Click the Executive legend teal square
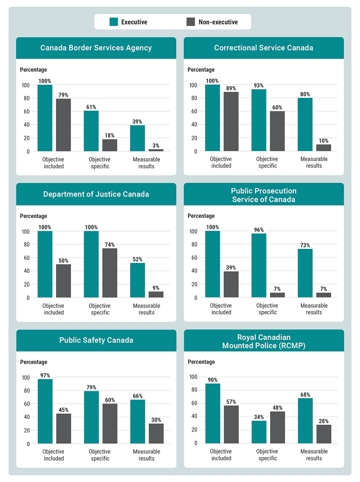click(114, 22)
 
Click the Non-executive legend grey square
click(191, 22)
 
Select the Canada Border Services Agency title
click(96, 48)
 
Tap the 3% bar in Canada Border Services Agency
click(156, 150)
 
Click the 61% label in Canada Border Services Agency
click(91, 107)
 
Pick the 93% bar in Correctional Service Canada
click(259, 120)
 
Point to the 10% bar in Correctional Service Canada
click(323, 148)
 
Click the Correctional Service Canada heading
click(264, 48)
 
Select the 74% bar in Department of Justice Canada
click(110, 273)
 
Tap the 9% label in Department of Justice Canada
click(156, 288)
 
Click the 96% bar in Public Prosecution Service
click(259, 266)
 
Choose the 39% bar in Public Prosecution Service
click(231, 285)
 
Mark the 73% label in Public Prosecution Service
click(305, 245)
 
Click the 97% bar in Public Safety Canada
click(45, 411)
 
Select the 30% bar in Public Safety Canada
click(156, 434)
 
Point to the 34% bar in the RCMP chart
click(259, 432)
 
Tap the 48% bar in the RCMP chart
click(277, 427)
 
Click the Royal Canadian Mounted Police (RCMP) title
click(264, 341)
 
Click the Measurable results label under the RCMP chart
click(314, 455)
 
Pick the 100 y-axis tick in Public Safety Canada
click(26, 377)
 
